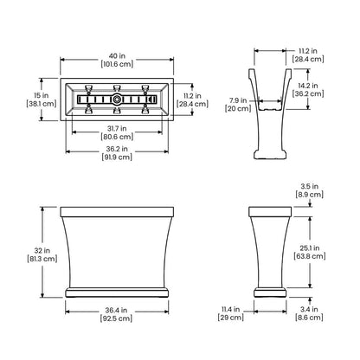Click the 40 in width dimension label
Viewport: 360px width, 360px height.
tap(117, 55)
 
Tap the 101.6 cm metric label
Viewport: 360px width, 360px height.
tap(117, 64)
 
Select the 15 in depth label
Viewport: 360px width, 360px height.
tap(42, 95)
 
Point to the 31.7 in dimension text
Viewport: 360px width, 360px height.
tap(117, 128)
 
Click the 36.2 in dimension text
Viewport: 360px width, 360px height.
tap(117, 149)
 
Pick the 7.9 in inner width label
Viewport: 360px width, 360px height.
tap(238, 100)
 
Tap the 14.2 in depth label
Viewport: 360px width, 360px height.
tap(308, 86)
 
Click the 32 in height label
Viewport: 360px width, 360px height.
tap(42, 250)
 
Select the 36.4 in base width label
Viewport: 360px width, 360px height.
tap(116, 311)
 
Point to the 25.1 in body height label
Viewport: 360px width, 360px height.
tap(310, 248)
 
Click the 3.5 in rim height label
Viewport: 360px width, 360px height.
tap(310, 186)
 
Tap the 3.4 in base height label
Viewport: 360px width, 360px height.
tap(309, 309)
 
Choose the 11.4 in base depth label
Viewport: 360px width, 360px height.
tap(231, 309)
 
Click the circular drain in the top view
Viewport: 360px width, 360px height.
tap(117, 100)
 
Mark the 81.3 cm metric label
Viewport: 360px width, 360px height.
tap(42, 259)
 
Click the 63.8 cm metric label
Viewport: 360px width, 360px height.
tap(310, 256)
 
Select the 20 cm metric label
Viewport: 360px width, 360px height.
tap(238, 108)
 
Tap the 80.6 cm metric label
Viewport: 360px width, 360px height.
tap(117, 137)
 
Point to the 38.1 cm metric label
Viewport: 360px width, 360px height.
tap(42, 104)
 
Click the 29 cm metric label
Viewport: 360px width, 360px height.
tap(231, 318)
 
